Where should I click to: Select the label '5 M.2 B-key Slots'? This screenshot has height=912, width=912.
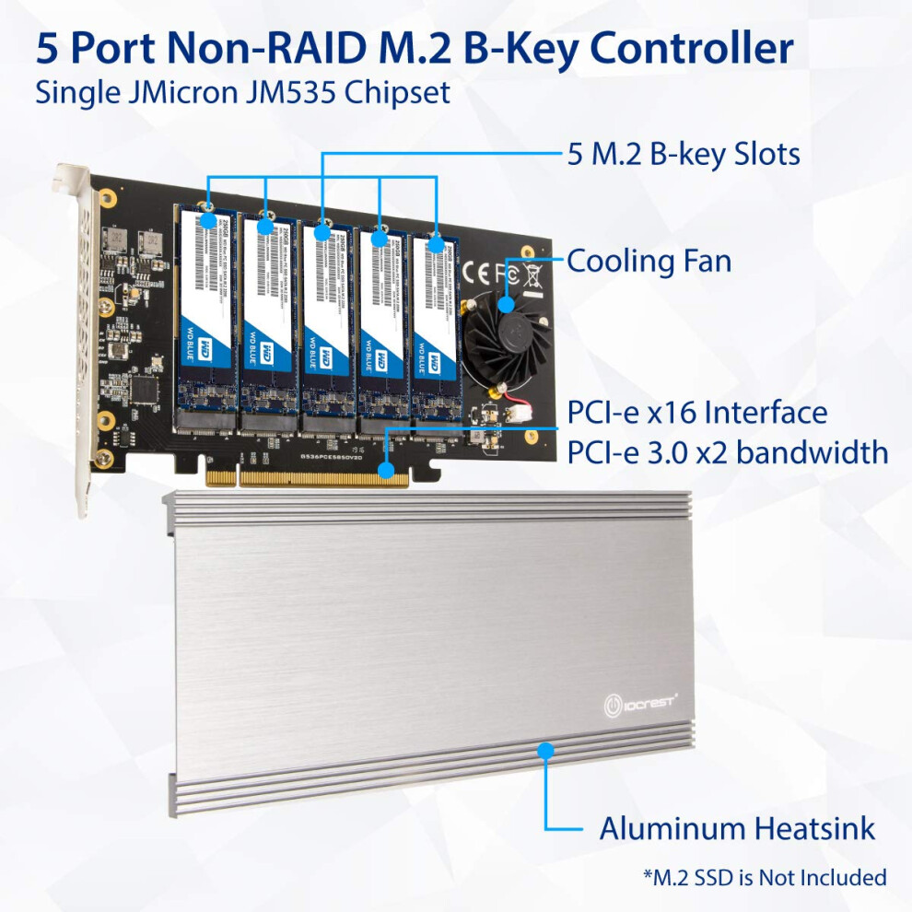684,154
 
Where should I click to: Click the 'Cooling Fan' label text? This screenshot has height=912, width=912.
649,261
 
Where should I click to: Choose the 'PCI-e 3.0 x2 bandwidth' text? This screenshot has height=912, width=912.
728,452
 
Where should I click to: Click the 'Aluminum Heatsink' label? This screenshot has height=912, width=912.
737,828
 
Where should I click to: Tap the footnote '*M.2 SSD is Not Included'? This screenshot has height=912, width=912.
765,877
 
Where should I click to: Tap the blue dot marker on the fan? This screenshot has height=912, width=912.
507,304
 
